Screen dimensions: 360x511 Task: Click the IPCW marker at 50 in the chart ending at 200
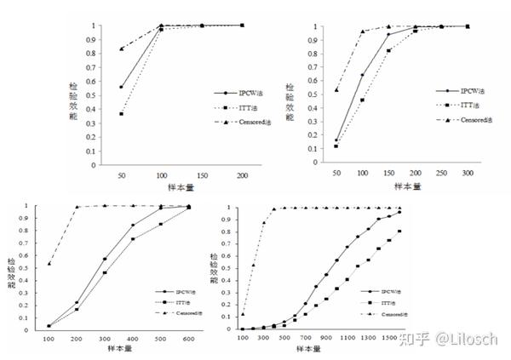(122, 87)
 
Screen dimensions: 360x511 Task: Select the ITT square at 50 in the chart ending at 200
(122, 113)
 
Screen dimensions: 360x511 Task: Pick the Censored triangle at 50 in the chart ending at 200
(122, 49)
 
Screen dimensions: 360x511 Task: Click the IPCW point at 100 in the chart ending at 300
(362, 75)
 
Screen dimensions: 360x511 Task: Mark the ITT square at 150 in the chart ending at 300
(389, 51)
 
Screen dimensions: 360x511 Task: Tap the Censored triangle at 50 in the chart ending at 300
(336, 90)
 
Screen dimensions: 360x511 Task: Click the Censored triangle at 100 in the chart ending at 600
(48, 263)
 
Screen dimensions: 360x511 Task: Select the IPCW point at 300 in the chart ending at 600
(104, 259)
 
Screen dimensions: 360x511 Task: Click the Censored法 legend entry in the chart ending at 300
(461, 121)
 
